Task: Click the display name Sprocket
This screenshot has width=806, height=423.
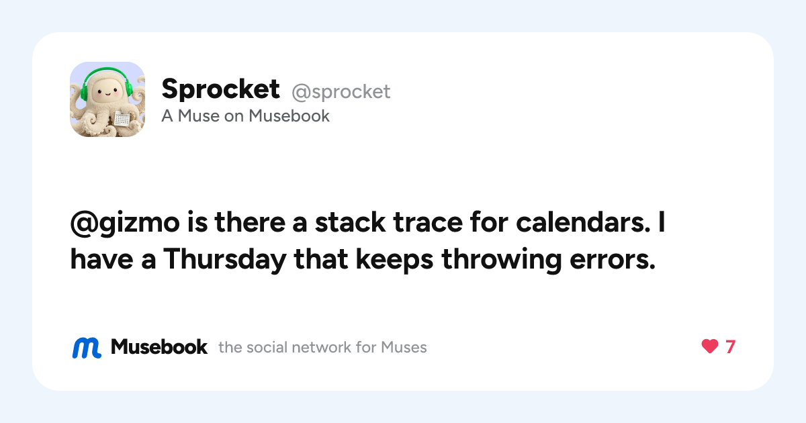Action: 220,89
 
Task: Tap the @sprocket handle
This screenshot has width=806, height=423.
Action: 341,92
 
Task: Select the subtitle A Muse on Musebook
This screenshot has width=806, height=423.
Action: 245,115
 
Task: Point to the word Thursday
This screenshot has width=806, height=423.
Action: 225,260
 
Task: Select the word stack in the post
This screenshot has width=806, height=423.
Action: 350,222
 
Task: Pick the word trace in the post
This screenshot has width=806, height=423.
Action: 428,223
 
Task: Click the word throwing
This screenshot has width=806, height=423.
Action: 502,260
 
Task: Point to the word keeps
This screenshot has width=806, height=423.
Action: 394,260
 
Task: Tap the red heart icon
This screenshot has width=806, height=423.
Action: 709,346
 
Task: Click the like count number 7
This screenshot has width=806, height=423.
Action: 731,346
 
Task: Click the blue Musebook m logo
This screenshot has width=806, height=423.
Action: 87,348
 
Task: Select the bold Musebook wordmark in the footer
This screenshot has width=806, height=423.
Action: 159,347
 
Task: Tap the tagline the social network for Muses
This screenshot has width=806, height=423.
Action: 322,348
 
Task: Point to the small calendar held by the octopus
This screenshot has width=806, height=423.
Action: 122,119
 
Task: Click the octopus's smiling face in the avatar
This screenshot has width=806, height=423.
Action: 107,93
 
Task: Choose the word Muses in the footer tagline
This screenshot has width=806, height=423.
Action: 404,348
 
